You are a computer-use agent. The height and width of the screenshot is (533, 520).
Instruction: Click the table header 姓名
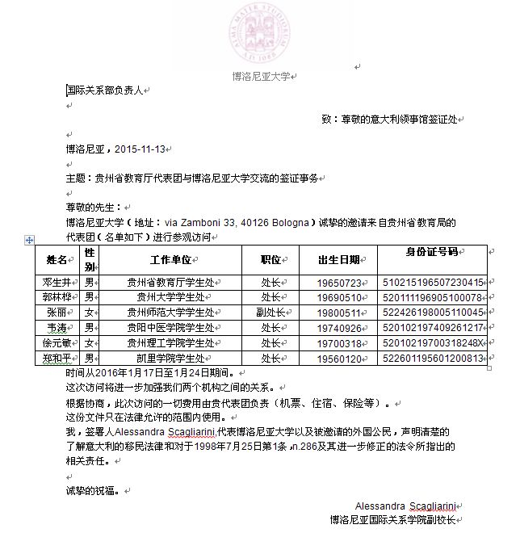click(57, 260)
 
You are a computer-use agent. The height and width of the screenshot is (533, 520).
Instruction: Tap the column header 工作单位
click(170, 260)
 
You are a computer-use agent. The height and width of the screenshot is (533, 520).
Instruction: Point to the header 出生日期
click(339, 260)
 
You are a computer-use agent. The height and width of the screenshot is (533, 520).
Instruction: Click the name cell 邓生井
click(57, 283)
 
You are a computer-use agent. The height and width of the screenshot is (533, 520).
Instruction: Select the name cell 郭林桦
click(57, 297)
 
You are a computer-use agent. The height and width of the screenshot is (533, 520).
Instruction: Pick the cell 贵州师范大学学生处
click(170, 313)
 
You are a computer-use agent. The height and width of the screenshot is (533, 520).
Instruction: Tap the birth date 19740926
click(339, 328)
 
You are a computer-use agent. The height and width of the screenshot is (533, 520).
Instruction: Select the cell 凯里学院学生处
click(170, 359)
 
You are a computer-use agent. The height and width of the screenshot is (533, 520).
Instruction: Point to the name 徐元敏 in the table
click(57, 343)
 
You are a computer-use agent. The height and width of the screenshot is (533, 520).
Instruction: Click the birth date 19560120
click(339, 359)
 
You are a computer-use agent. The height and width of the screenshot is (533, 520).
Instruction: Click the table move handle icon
click(30, 240)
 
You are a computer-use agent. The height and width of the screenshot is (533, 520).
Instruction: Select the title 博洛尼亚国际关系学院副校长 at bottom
click(392, 520)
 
